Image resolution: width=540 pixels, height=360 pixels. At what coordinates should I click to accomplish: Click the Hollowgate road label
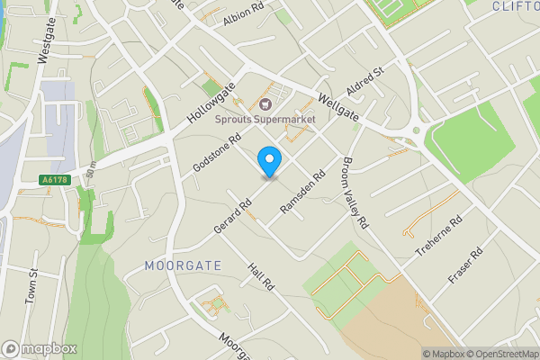point(208,102)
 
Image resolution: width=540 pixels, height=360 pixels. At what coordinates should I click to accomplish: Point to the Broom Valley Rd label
point(355,192)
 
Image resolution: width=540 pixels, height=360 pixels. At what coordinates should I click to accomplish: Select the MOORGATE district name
point(182,265)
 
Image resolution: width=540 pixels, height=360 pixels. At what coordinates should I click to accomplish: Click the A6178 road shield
point(55,180)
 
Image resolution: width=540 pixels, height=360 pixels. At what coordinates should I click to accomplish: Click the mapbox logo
point(39,348)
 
